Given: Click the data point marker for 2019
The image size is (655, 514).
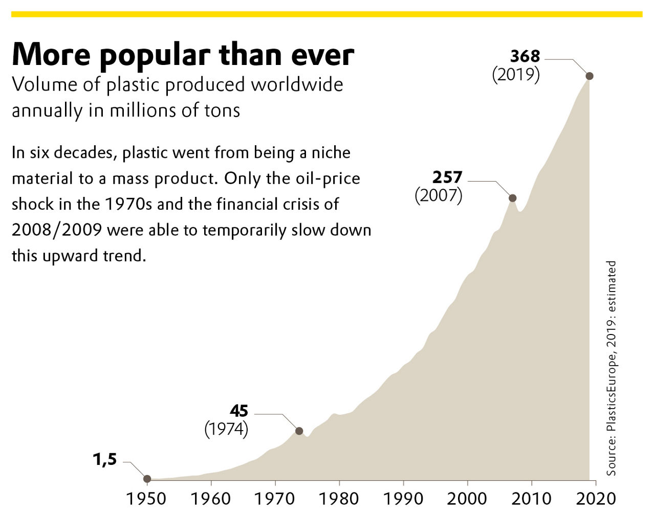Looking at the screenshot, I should pyautogui.click(x=589, y=76).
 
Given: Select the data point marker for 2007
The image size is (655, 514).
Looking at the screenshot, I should pyautogui.click(x=512, y=198).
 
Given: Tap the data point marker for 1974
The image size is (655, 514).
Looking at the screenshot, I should pyautogui.click(x=299, y=431).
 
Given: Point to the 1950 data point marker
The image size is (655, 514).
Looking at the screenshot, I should pyautogui.click(x=147, y=479).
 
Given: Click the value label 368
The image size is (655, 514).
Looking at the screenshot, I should pyautogui.click(x=525, y=56).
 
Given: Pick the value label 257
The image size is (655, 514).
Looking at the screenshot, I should pyautogui.click(x=447, y=177).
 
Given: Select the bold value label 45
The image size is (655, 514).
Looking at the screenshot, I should pyautogui.click(x=239, y=411).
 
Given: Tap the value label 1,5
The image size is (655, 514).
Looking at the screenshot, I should pyautogui.click(x=105, y=459).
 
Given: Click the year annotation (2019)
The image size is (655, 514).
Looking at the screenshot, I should pyautogui.click(x=516, y=75).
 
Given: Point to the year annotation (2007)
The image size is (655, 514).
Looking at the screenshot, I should pyautogui.click(x=439, y=195).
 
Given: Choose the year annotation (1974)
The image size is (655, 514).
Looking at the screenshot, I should pyautogui.click(x=226, y=429).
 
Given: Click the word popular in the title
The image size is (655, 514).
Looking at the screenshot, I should pyautogui.click(x=155, y=55).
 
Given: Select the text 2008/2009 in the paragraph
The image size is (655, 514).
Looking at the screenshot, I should pyautogui.click(x=57, y=230).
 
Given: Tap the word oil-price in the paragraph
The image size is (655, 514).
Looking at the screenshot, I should pyautogui.click(x=328, y=178).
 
